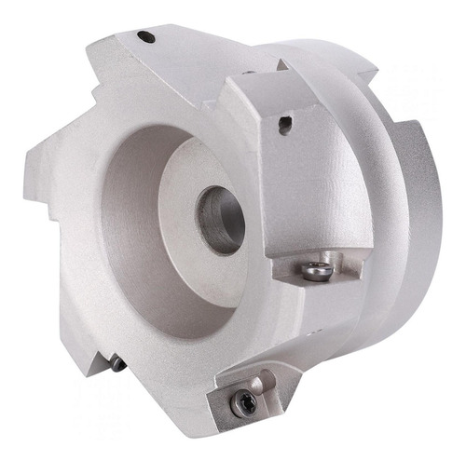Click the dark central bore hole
tap(220, 220)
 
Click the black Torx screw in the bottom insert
tap(246, 401)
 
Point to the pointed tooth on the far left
tap(37, 168)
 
